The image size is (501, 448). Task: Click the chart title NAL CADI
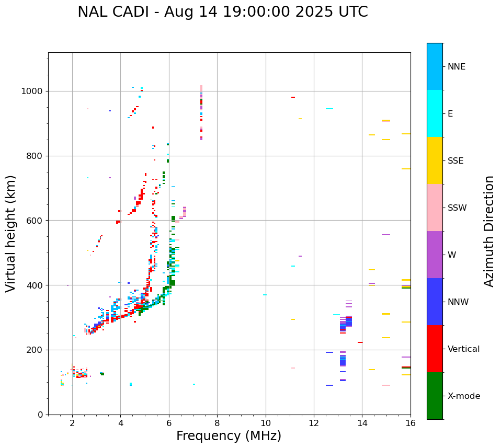[x=222, y=12]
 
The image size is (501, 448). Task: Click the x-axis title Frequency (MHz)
[x=229, y=436]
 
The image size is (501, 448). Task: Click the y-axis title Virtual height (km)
[x=11, y=233]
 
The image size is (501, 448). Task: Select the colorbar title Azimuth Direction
[x=489, y=231]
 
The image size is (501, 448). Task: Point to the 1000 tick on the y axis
[x=35, y=91]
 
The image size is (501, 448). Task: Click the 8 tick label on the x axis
[x=217, y=423]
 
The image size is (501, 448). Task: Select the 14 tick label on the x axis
[x=362, y=423]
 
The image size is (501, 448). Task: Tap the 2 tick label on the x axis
[x=72, y=423]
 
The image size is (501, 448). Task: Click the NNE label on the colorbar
[x=456, y=67]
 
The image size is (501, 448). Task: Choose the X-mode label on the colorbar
[x=463, y=396]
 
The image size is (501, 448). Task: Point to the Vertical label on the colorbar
[x=463, y=349]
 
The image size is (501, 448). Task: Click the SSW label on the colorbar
[x=457, y=208]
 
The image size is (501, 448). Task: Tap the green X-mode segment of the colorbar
[x=435, y=396]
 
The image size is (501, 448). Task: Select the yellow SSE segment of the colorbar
[x=435, y=160]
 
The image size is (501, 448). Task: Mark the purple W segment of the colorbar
[x=435, y=255]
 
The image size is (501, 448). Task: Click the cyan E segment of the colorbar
[x=435, y=113]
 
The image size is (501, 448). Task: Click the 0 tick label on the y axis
[x=41, y=415]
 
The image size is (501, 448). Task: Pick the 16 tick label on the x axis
[x=411, y=423]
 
